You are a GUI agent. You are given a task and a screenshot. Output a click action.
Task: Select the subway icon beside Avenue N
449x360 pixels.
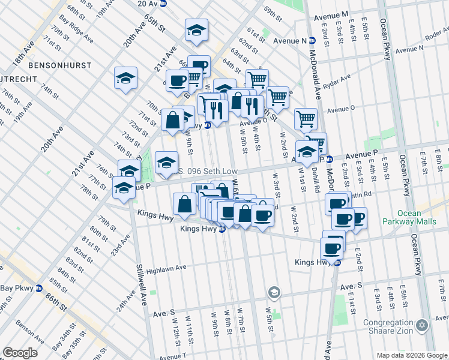point(312,41)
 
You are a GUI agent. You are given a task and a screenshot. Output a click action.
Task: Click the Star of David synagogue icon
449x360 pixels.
point(422,325)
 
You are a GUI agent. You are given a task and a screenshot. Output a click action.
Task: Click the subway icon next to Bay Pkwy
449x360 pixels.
point(39,288)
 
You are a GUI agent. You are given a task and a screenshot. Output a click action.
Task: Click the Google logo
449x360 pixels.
point(20,353)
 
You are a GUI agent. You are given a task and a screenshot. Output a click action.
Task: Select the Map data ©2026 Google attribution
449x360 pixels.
point(411,355)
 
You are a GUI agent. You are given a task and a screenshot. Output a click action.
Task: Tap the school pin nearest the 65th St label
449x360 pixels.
point(196,32)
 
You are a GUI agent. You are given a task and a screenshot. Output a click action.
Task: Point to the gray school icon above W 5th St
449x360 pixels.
point(274,292)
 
